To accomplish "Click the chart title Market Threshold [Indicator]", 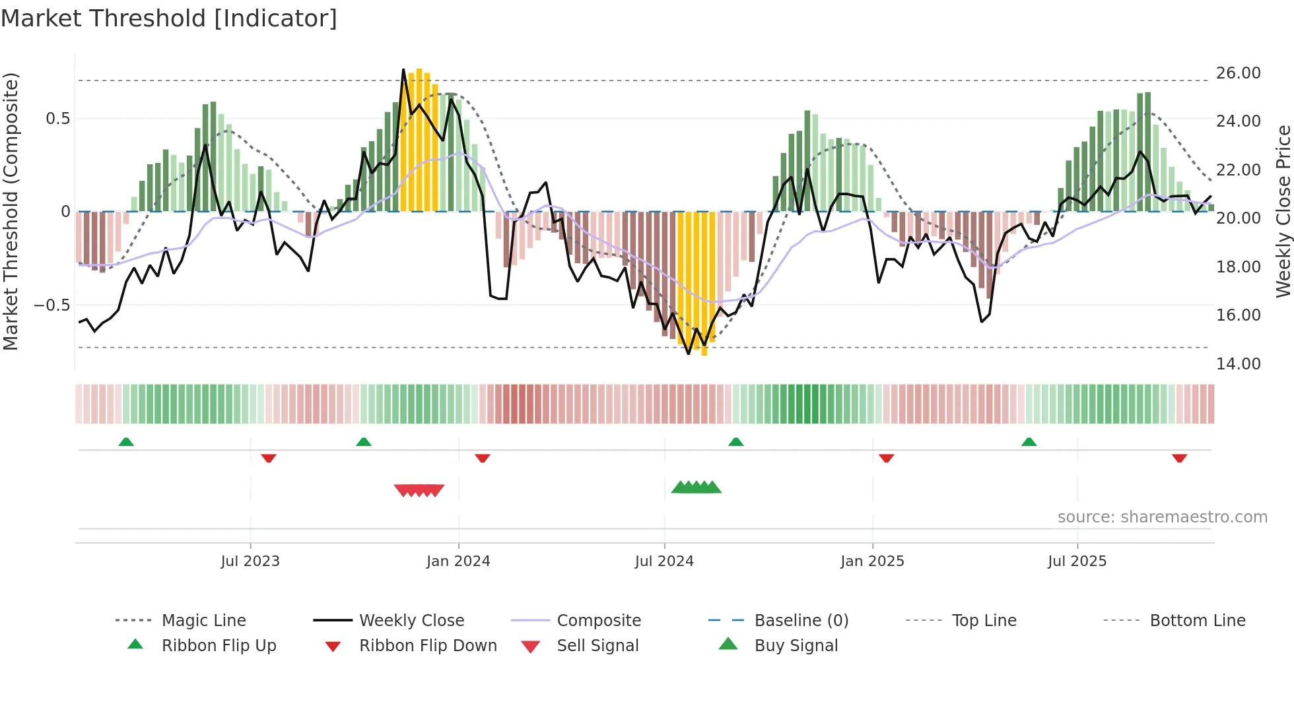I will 169,18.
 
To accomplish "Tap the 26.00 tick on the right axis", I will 1238,73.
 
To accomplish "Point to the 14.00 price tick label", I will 1238,363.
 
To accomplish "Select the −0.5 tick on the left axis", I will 52,305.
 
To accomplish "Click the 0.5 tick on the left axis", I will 57,119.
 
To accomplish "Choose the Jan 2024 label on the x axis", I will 458,561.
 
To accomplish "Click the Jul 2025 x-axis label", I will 1077,561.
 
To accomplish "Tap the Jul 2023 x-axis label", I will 250,561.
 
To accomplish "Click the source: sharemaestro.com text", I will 1162,517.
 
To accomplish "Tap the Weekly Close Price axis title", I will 1283,211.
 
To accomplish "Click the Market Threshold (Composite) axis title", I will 11,211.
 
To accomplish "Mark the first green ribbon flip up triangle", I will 126,441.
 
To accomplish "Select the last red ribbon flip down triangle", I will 1179,458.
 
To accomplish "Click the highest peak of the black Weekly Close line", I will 403,69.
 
